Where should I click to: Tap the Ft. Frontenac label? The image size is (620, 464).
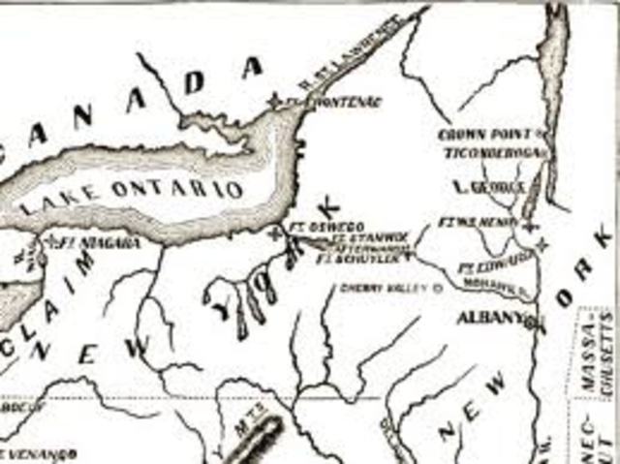click(335, 102)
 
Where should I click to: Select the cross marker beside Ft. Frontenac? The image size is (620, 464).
click(275, 101)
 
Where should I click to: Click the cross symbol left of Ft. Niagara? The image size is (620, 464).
click(48, 239)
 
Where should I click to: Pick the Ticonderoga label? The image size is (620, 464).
click(495, 153)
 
